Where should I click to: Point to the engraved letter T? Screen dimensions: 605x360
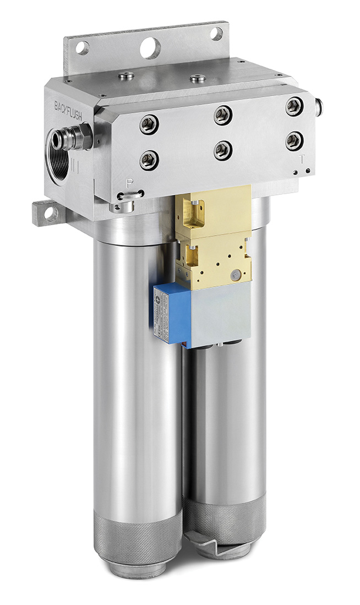tap(301, 159)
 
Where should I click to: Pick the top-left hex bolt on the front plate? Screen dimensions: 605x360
tap(149, 124)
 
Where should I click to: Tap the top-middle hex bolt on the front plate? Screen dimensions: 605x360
tap(222, 115)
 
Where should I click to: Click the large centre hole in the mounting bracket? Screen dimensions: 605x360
tap(150, 47)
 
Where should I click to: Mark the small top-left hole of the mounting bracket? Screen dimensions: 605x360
tap(82, 48)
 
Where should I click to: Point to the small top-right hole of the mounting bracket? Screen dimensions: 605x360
tap(216, 33)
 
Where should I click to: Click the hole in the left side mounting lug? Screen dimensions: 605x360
tap(50, 212)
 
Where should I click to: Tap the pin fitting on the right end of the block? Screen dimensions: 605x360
tap(318, 106)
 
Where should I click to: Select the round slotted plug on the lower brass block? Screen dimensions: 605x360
tap(236, 274)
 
